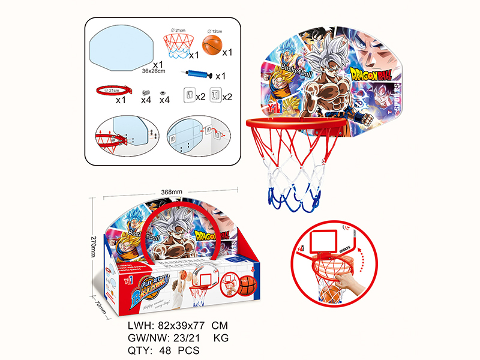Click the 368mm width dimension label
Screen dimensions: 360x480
172,192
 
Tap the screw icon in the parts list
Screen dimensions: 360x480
145,92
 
